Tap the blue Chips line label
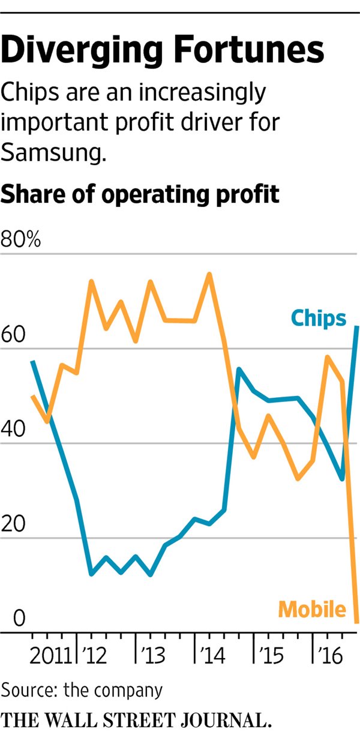click(x=319, y=317)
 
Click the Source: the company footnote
click(x=82, y=689)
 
